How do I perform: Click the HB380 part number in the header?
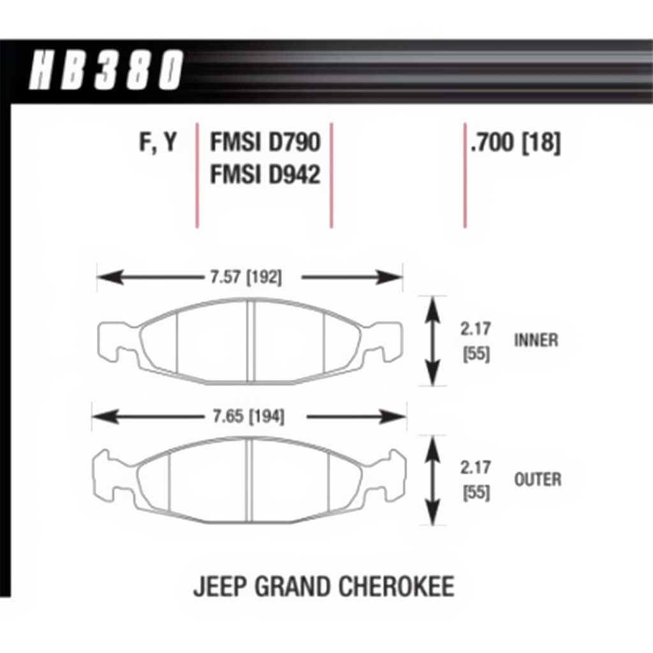tap(106, 70)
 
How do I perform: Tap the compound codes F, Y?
tap(158, 142)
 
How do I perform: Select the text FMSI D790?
tap(265, 142)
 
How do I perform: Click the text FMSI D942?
tap(265, 174)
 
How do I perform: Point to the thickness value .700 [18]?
tap(515, 142)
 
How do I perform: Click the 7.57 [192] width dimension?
tap(246, 277)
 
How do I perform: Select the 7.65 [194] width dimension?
tap(249, 416)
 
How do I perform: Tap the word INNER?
tap(536, 341)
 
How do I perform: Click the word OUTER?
tap(538, 480)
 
